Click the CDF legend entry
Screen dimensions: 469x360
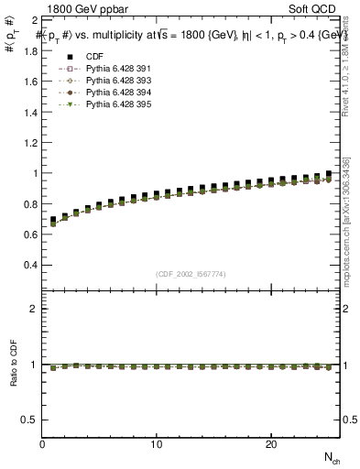click(91, 56)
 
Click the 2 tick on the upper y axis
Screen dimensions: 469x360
click(34, 19)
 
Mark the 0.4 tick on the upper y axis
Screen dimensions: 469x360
click(29, 265)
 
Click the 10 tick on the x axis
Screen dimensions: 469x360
click(158, 443)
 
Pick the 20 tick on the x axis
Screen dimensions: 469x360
click(271, 443)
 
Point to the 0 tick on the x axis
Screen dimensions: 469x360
click(43, 443)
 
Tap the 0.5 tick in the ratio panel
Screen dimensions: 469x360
click(29, 420)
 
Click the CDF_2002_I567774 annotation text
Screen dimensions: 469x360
click(191, 274)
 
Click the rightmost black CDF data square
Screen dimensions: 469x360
click(329, 174)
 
